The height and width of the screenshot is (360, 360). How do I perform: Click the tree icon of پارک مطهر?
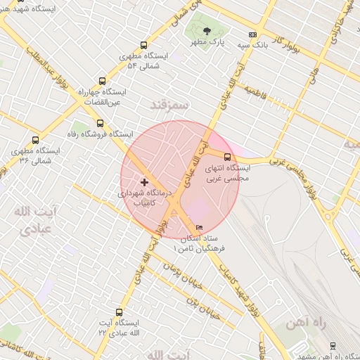click(x=207, y=31)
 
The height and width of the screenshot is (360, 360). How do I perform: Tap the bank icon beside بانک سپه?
click(x=252, y=34)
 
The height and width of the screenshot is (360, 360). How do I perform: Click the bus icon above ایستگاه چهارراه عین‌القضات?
click(x=103, y=81)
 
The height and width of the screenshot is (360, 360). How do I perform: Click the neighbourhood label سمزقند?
click(x=170, y=105)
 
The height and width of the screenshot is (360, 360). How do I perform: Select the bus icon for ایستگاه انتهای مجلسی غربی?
click(x=226, y=157)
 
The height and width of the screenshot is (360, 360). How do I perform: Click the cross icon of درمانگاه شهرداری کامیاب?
click(x=145, y=182)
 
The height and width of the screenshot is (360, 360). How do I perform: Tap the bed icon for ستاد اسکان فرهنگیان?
click(x=198, y=227)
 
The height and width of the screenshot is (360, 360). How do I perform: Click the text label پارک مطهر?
click(x=209, y=43)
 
